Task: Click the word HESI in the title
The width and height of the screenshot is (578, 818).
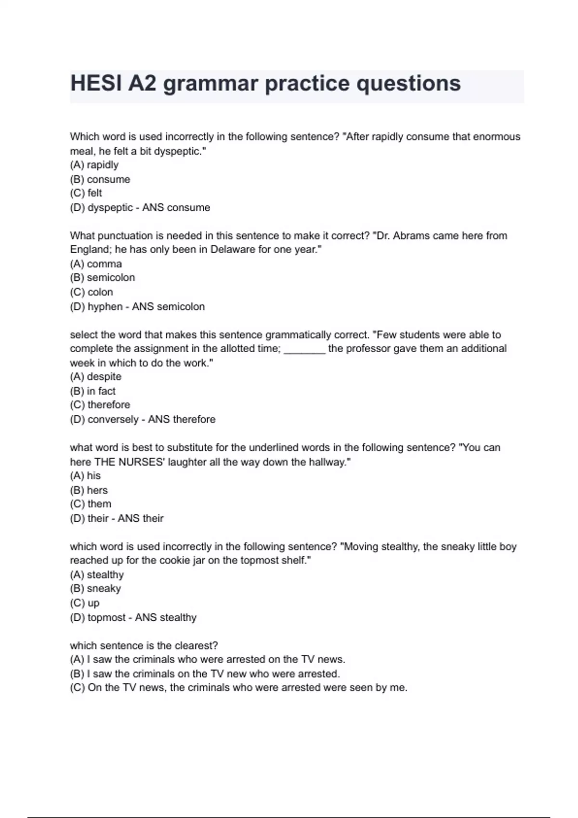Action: tap(94, 84)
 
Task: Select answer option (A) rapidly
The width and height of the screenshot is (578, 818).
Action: tap(94, 165)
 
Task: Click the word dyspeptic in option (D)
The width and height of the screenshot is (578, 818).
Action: tap(110, 208)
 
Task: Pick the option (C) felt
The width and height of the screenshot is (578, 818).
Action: tap(86, 193)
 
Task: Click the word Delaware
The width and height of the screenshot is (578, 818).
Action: tap(233, 250)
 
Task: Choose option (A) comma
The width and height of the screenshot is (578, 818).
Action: tap(96, 264)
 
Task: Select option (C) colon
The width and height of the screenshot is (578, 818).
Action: tap(92, 292)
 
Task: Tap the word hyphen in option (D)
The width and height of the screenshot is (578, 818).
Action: tap(105, 307)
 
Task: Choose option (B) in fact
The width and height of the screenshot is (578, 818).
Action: tap(93, 391)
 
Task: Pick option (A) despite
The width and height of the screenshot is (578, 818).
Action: tap(96, 377)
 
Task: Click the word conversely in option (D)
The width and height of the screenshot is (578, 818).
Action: tap(113, 420)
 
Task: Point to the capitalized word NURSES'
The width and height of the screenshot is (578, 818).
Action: tap(141, 462)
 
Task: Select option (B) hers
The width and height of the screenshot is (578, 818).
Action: tap(89, 490)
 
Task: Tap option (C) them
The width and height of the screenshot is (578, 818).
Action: tap(91, 504)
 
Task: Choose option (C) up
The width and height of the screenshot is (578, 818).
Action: tap(85, 603)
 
